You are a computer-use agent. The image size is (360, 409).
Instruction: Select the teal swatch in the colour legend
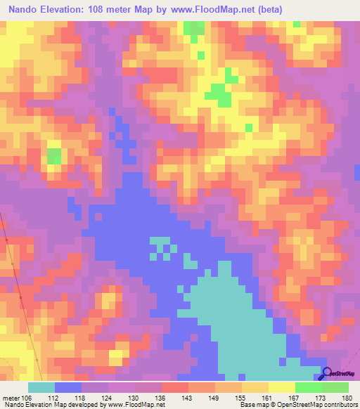(41, 387)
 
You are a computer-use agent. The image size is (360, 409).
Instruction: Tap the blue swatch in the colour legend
(68, 387)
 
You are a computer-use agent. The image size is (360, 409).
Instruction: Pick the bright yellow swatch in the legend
(281, 387)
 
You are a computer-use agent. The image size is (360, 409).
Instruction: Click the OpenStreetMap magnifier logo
(328, 375)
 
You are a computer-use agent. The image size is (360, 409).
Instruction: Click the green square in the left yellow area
(54, 155)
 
